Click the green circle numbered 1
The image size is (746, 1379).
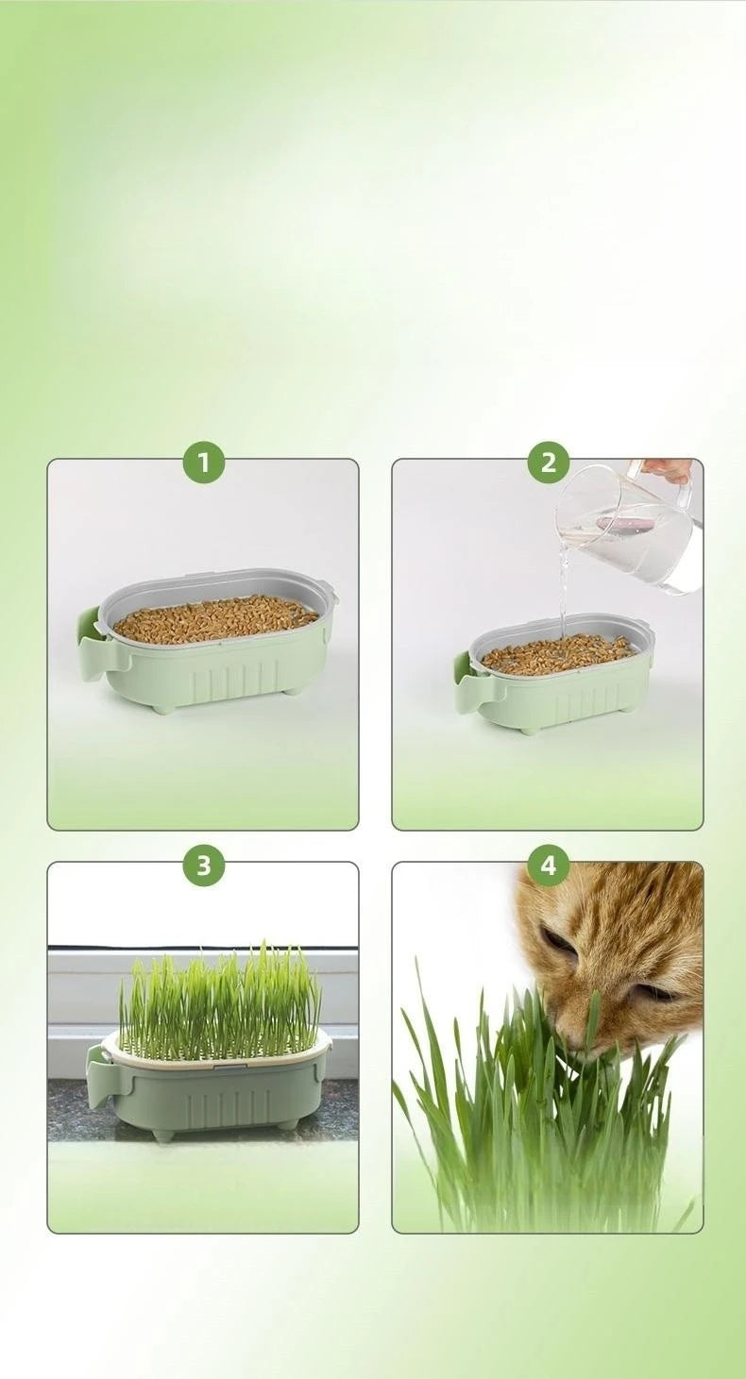203,462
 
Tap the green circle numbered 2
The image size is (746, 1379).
548,462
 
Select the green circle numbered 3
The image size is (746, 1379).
203,866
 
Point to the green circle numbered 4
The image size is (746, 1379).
548,866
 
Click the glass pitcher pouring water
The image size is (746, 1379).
628,529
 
